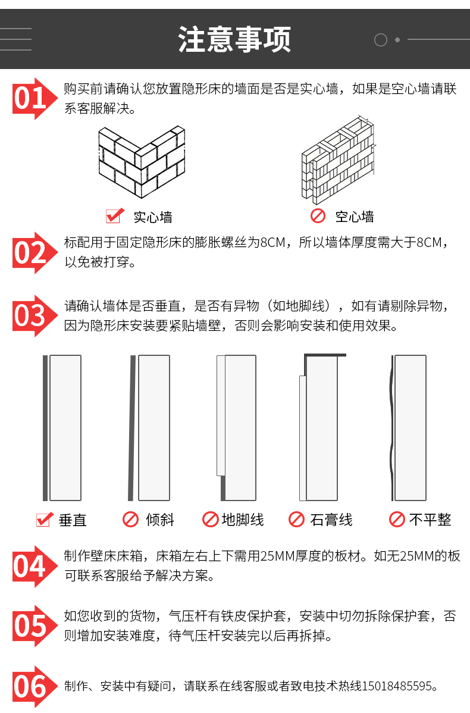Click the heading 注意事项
(234, 39)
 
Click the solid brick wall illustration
(142, 162)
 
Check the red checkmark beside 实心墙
(115, 215)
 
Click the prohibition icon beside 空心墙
(318, 215)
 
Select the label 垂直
(72, 520)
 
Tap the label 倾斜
(159, 520)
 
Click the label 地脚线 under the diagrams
(243, 520)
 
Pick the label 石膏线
(331, 520)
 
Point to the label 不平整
(430, 520)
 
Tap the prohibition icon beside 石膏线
(296, 520)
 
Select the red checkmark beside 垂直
(45, 520)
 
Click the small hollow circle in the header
(380, 40)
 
